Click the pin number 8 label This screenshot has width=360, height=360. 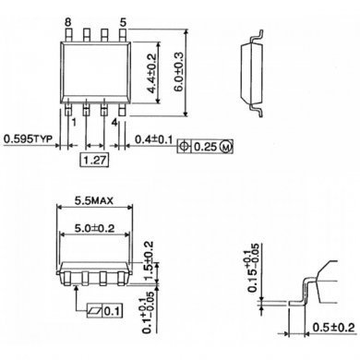pos(67,19)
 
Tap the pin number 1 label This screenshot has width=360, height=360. pos(72,119)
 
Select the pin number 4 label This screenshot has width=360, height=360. pos(114,119)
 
